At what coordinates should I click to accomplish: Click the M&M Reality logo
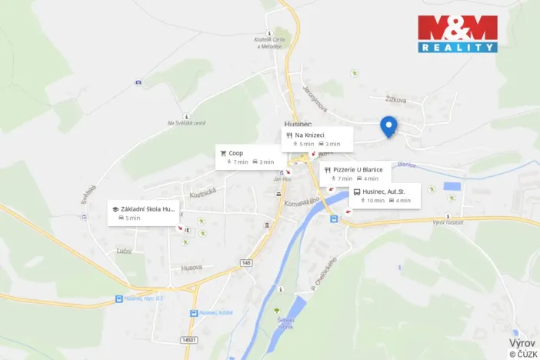pyautogui.click(x=457, y=34)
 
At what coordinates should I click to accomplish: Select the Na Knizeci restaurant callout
pyautogui.click(x=317, y=139)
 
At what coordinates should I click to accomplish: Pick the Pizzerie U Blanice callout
pyautogui.click(x=355, y=173)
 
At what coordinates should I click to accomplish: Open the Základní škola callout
pyautogui.click(x=144, y=213)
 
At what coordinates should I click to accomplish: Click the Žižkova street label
pyautogui.click(x=396, y=100)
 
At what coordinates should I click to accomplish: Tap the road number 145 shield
pyautogui.click(x=246, y=262)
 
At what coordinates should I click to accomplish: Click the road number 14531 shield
pyautogui.click(x=189, y=339)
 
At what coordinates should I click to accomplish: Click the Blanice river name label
pyautogui.click(x=406, y=165)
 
